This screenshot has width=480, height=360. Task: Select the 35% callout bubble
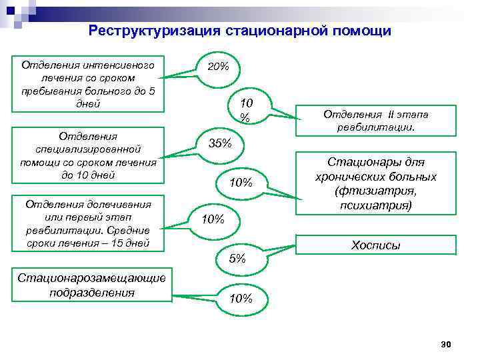click(220, 143)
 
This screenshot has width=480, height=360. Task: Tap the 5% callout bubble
click(237, 258)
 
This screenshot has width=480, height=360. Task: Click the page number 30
click(446, 343)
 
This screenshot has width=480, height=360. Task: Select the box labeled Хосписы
click(375, 245)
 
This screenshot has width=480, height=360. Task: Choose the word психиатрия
click(376, 205)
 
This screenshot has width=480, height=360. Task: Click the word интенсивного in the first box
click(119, 65)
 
